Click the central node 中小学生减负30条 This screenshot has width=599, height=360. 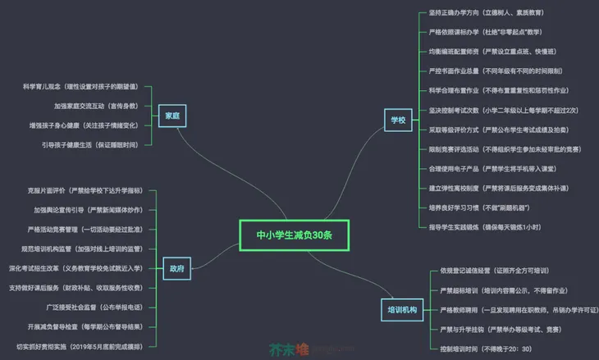tap(294, 235)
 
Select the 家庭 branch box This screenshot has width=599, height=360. tap(172, 116)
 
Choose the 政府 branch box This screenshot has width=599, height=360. tap(176, 267)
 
